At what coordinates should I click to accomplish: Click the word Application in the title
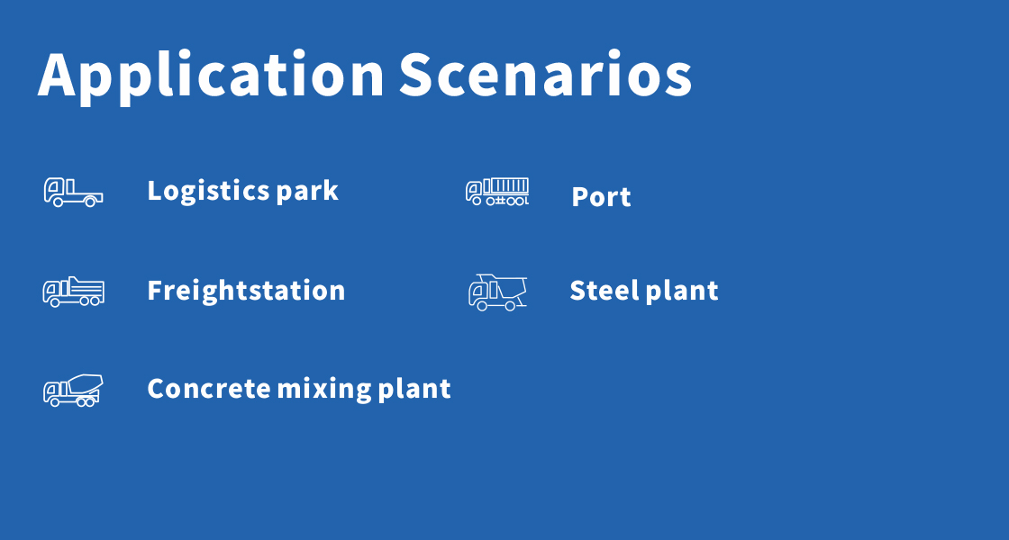(211, 76)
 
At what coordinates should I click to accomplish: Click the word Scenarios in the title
(546, 74)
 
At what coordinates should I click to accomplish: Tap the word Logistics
(208, 192)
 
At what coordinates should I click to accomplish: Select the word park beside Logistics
(307, 192)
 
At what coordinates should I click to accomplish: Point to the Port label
(601, 197)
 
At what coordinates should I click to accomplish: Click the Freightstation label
(246, 291)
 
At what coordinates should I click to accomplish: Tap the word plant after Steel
(681, 291)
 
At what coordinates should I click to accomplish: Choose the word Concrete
(209, 388)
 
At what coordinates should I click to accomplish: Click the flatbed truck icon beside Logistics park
(73, 193)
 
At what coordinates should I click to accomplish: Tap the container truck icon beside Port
(497, 192)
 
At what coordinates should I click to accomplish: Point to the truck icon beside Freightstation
(73, 292)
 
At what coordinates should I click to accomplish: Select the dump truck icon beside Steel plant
(497, 292)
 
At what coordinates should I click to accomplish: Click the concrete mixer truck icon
(73, 391)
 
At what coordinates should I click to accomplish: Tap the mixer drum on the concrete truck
(85, 383)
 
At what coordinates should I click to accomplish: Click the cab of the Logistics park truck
(54, 190)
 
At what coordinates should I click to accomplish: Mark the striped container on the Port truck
(505, 186)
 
